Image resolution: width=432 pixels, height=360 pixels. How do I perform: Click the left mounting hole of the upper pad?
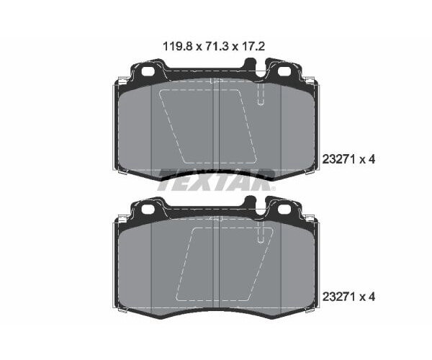click(x=149, y=72)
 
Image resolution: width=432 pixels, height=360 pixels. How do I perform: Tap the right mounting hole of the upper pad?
click(x=284, y=72)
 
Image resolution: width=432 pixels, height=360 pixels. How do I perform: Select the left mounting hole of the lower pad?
click(x=149, y=209)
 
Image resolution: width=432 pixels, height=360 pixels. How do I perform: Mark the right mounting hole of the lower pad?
click(x=284, y=209)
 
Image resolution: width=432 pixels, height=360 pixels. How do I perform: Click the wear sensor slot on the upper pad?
click(x=260, y=94)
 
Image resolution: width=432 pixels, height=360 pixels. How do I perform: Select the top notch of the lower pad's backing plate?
click(x=254, y=205)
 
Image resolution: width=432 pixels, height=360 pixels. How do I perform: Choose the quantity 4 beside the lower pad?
click(x=373, y=296)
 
